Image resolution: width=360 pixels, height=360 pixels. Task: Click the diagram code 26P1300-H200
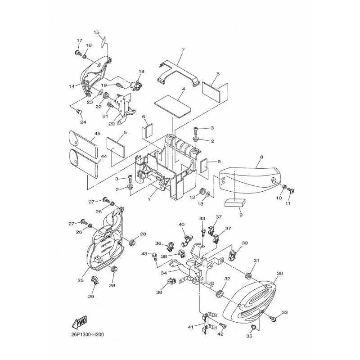[87, 334]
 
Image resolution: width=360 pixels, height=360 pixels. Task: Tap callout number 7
[183, 50]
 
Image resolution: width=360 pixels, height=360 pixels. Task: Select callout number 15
[96, 32]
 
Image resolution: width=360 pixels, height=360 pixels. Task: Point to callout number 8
[261, 157]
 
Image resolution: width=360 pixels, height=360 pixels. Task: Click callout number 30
[280, 274]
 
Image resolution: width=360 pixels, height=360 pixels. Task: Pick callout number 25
[81, 280]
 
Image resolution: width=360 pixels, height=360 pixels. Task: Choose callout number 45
[97, 134]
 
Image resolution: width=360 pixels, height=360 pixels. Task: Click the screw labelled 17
[78, 53]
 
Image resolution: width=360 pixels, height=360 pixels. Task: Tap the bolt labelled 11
[291, 190]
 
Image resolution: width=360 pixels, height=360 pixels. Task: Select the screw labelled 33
[273, 319]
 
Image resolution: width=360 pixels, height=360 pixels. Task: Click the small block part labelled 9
[235, 203]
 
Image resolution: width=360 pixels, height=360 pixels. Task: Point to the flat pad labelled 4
[173, 107]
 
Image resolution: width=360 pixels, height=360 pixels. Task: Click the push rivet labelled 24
[79, 112]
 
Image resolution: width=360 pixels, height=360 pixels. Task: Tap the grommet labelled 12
[202, 191]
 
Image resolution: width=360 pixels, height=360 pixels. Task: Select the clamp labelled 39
[233, 255]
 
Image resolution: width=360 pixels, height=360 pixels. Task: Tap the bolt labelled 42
[223, 325]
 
